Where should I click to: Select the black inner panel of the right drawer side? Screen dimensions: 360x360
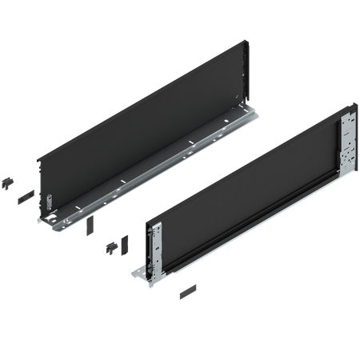point(248,176)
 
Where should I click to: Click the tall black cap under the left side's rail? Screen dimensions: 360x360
point(87,227)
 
